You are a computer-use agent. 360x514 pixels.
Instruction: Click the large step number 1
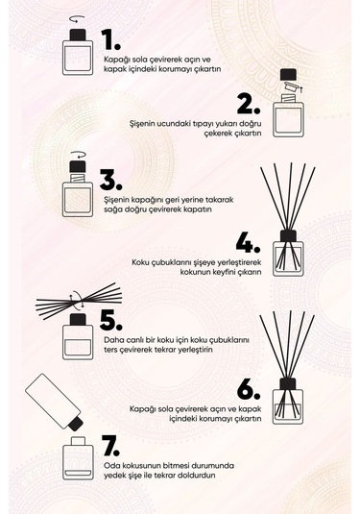[111, 39]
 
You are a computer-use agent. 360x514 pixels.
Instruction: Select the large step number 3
[111, 181]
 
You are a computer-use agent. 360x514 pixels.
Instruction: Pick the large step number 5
[111, 318]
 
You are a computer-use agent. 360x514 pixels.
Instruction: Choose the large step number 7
[111, 445]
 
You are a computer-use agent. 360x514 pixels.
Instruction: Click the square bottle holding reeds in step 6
[288, 401]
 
